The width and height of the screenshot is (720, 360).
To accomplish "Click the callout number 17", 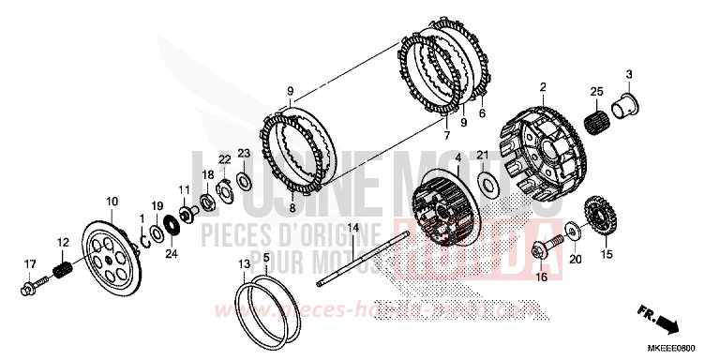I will click(29, 263).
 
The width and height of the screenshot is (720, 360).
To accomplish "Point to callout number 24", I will click(171, 252).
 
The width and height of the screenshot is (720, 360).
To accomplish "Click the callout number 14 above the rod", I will click(353, 228).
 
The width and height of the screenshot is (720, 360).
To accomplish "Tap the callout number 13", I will click(245, 264).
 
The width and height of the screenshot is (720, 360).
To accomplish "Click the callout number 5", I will click(266, 257).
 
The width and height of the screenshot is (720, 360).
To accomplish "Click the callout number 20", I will click(575, 260).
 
